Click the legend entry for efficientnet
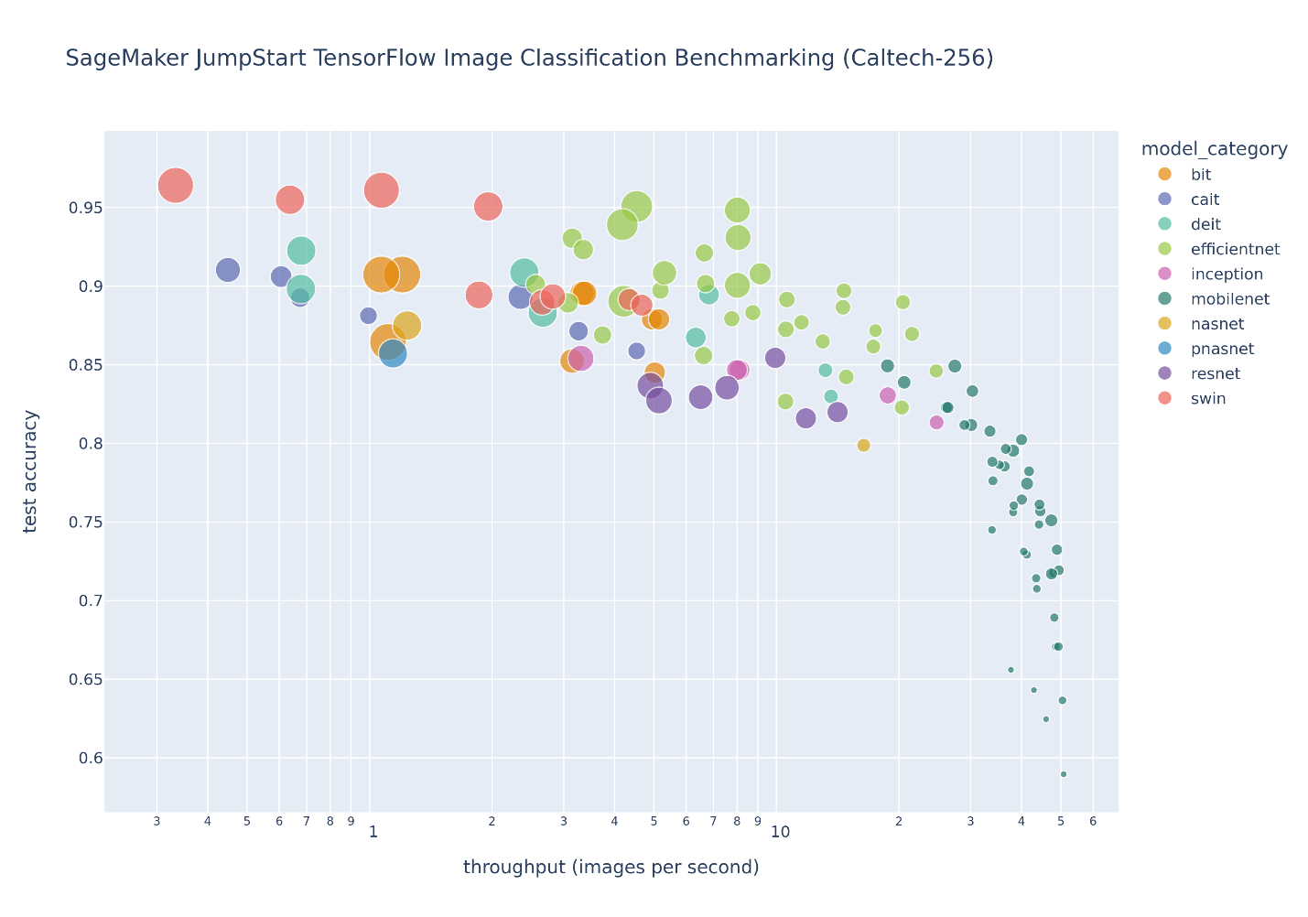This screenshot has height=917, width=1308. (x=1235, y=249)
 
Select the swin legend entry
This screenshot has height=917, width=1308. (x=1208, y=399)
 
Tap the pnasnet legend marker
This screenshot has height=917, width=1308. (x=1164, y=349)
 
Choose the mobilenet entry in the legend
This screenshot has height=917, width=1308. (x=1229, y=299)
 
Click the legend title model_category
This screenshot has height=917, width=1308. (x=1215, y=149)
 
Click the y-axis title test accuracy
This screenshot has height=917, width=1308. (x=31, y=471)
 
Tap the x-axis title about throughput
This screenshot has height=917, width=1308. (x=611, y=867)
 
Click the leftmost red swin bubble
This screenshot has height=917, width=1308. (x=175, y=186)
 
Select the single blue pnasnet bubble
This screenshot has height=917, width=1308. (x=393, y=352)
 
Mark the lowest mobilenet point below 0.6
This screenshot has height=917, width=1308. (x=1064, y=774)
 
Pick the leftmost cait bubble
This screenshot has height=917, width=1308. (x=228, y=270)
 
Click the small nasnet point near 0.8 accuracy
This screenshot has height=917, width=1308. (x=863, y=446)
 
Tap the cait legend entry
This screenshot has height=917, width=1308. (x=1205, y=200)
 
